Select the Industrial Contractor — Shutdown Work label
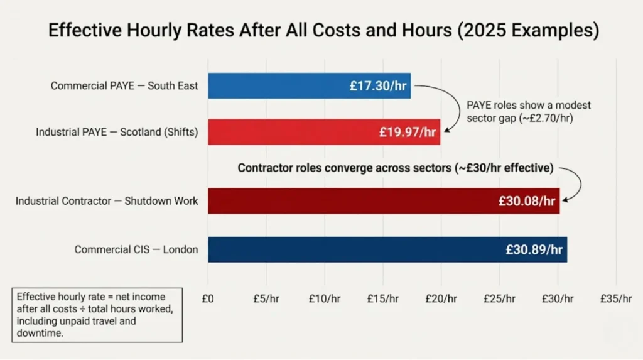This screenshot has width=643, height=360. tap(107, 202)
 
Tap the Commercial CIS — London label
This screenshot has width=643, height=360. tap(136, 249)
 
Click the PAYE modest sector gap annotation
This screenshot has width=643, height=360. tap(529, 112)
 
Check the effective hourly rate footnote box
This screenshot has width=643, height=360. tap(97, 315)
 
